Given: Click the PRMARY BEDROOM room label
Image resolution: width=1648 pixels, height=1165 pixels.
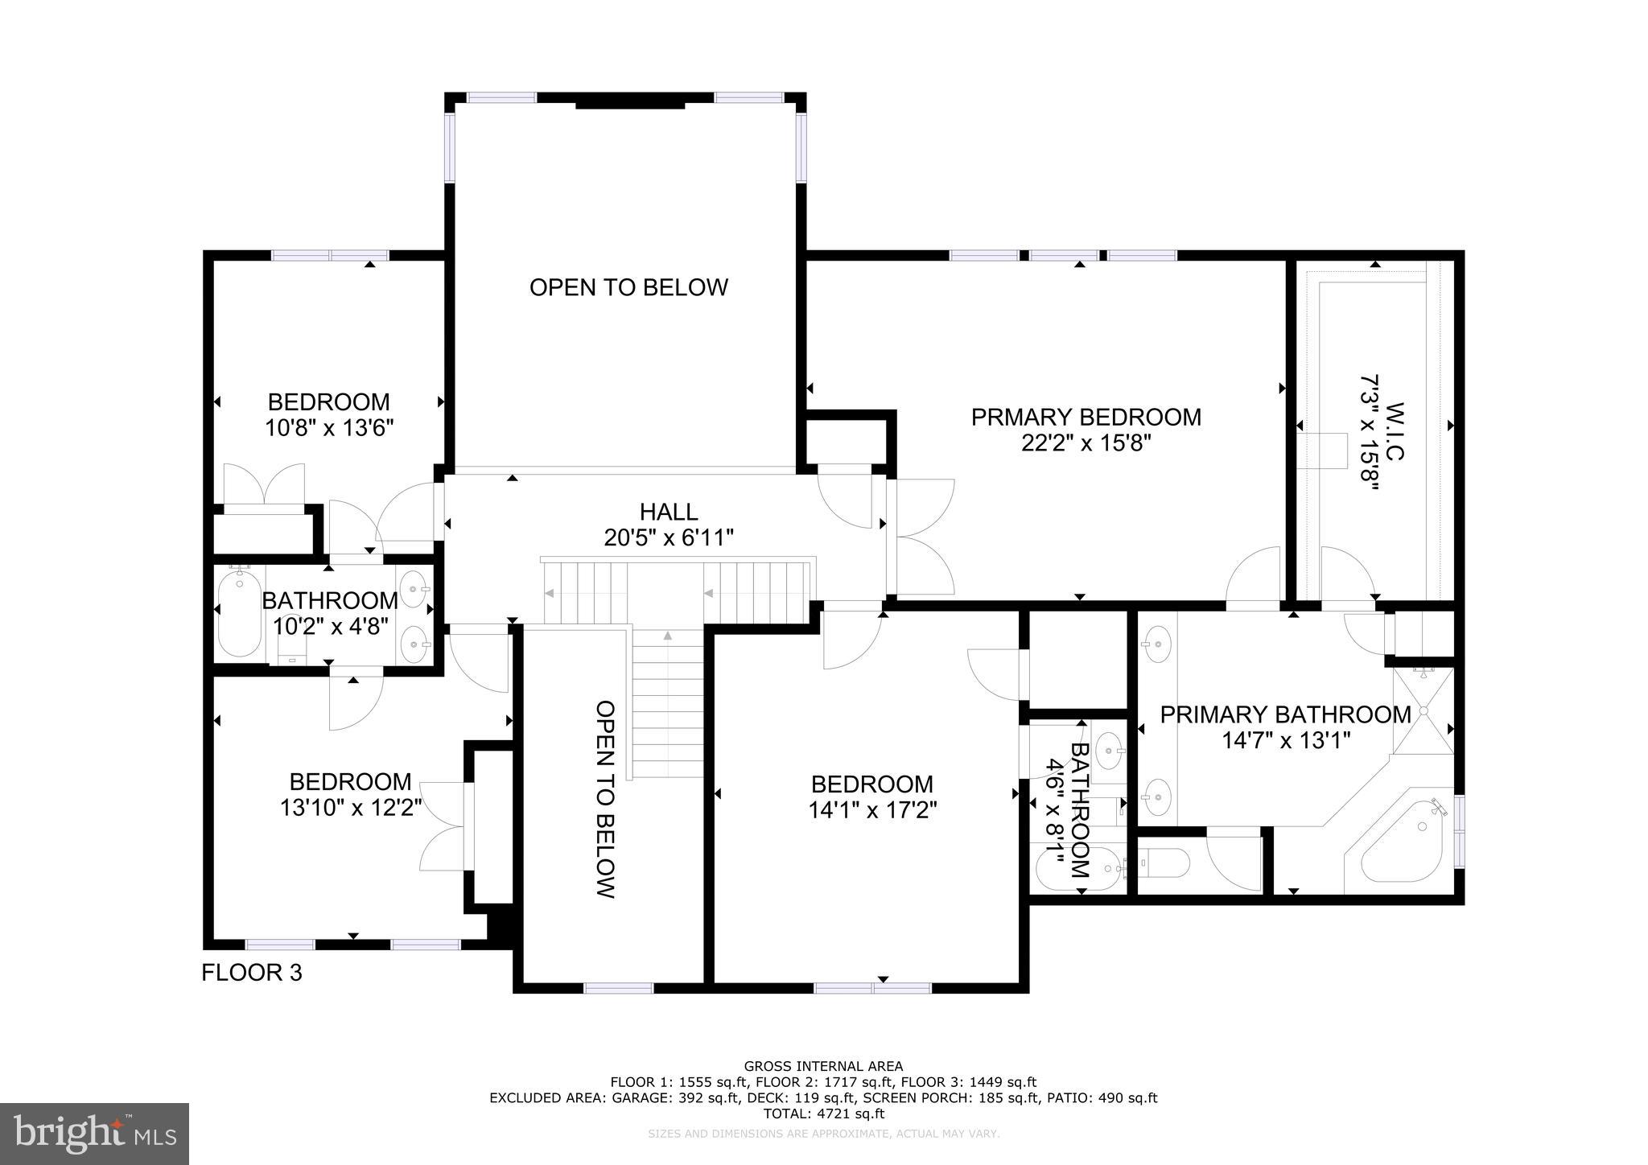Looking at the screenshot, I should pyautogui.click(x=1086, y=418).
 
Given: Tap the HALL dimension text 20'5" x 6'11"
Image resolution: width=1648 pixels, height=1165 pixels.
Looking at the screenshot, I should pyautogui.click(x=669, y=537).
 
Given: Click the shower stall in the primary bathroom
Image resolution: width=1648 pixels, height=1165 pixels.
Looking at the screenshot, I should pyautogui.click(x=1423, y=710).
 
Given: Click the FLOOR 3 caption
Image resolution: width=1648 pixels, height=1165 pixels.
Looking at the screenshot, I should pyautogui.click(x=251, y=973).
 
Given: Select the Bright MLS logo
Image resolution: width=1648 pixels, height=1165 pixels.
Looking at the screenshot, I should pyautogui.click(x=94, y=1134).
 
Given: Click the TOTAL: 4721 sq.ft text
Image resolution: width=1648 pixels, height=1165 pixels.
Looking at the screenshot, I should pyautogui.click(x=823, y=1114).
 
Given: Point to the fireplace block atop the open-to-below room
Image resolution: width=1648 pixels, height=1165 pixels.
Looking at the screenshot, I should pyautogui.click(x=629, y=103).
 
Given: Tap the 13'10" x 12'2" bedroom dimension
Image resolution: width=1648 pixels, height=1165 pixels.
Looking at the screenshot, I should pyautogui.click(x=351, y=807).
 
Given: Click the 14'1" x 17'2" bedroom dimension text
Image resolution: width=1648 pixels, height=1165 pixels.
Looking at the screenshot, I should pyautogui.click(x=872, y=809).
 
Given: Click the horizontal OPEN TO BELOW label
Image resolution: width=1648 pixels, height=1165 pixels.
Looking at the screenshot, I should pyautogui.click(x=628, y=287).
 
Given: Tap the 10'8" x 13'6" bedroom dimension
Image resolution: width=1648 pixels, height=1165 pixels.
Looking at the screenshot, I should pyautogui.click(x=329, y=427).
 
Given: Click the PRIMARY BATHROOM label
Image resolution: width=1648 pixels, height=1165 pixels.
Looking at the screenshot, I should pyautogui.click(x=1285, y=714).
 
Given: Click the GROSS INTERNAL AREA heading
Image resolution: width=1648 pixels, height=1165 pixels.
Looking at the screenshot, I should pyautogui.click(x=823, y=1067).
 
